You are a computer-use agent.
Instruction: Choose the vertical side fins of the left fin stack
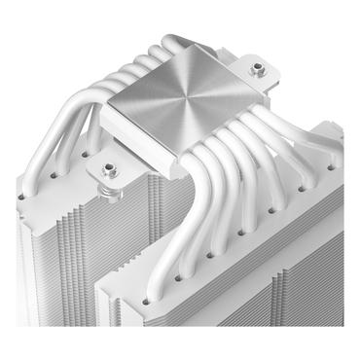(39, 263)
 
